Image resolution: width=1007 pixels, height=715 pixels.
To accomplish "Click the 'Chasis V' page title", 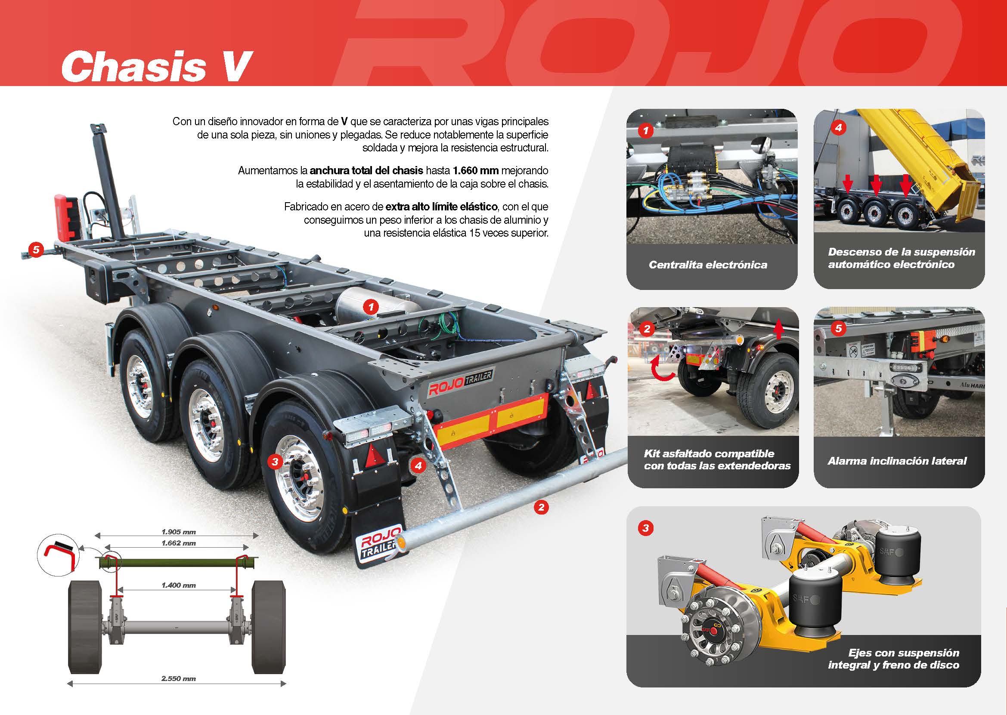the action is (x=157, y=66).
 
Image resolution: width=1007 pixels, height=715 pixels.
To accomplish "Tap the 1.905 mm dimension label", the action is (x=178, y=532).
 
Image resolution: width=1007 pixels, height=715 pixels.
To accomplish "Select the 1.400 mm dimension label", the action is (x=178, y=585).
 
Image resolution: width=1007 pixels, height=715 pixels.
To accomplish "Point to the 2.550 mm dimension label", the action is (x=178, y=678).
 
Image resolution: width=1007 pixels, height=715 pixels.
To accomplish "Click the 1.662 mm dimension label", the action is (x=178, y=543).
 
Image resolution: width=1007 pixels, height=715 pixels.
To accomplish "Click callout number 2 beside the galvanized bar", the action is (x=541, y=507).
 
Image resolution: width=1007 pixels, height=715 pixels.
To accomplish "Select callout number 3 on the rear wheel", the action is (x=275, y=462).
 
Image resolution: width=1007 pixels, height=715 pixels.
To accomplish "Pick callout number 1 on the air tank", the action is (x=371, y=306).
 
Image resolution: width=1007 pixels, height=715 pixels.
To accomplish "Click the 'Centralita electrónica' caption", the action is (x=708, y=265).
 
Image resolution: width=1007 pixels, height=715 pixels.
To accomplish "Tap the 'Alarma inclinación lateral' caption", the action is (x=897, y=461).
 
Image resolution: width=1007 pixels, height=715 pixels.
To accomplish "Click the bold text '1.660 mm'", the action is (x=476, y=170).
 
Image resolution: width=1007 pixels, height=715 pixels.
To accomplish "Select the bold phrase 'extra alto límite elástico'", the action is (x=441, y=206).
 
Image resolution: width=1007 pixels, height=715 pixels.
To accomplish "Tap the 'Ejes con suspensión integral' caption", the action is (x=893, y=659).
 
